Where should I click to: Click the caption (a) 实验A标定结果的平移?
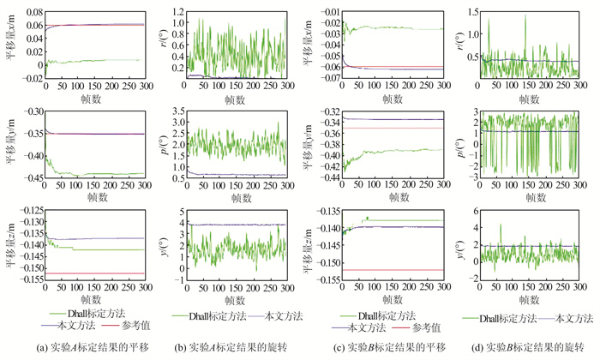point(76,346)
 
